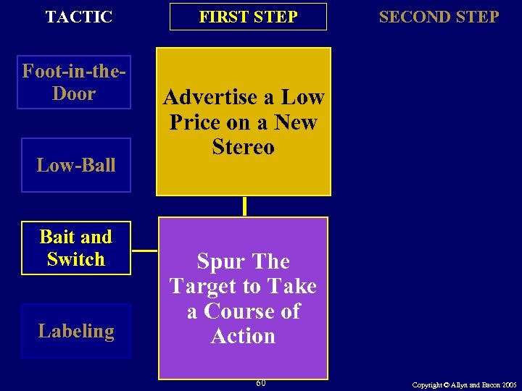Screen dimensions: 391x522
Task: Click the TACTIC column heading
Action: point(78,17)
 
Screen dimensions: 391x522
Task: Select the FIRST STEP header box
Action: point(248,17)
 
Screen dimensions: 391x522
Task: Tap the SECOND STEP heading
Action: point(439,17)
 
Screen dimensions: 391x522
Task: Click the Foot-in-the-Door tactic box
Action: point(74,83)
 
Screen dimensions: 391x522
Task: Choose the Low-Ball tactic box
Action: point(76,165)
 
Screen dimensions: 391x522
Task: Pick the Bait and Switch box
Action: point(76,248)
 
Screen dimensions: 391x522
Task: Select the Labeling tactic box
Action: point(76,331)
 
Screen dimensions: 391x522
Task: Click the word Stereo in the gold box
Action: point(244,147)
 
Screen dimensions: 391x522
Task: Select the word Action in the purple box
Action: point(243,336)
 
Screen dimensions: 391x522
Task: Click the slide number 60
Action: point(260,382)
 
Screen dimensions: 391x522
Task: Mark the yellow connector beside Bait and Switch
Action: point(145,251)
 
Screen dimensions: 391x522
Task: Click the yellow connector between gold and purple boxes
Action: point(244,206)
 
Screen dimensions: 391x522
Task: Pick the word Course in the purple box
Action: point(241,311)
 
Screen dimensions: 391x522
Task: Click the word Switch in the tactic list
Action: point(76,259)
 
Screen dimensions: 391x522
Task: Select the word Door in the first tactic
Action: point(74,93)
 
